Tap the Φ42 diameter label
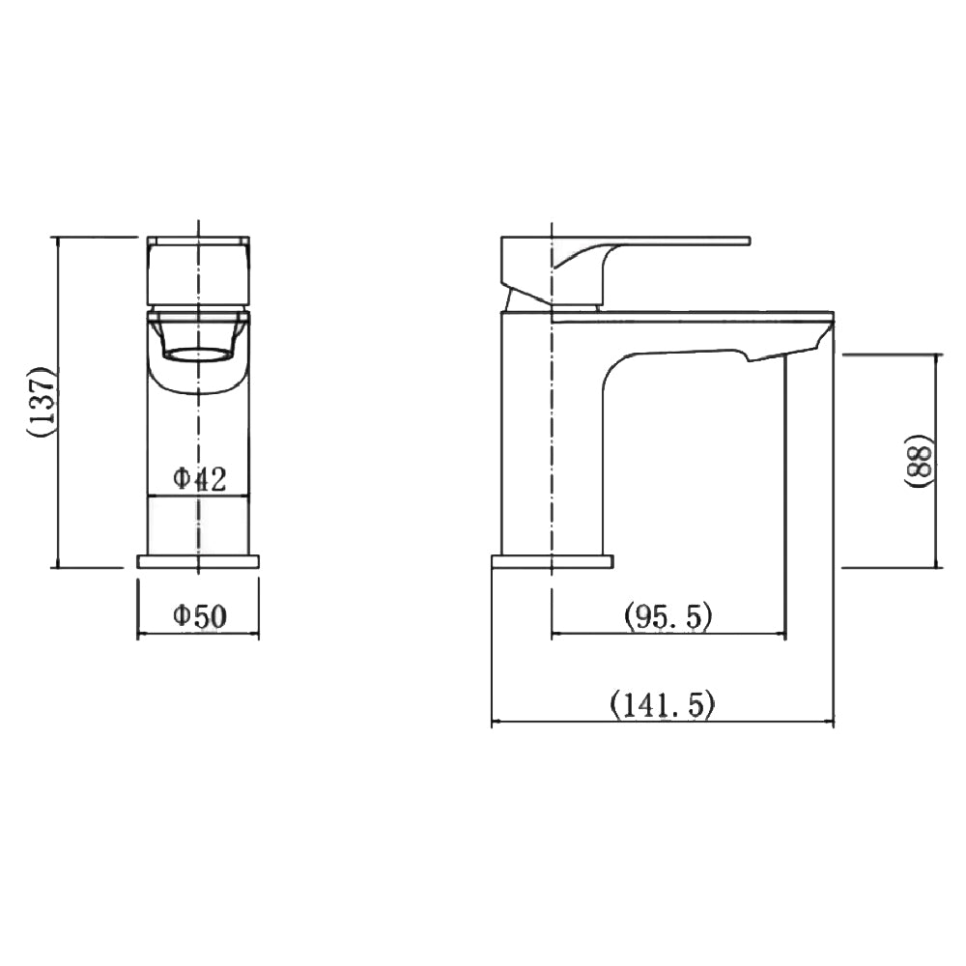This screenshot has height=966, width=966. click(199, 478)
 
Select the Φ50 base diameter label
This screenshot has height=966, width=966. click(199, 616)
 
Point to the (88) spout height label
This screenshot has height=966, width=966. click(920, 461)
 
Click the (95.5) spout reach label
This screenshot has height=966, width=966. click(668, 615)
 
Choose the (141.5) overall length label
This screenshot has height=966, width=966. click(663, 705)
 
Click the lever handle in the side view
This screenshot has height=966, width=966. click(676, 240)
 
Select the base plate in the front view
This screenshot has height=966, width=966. click(198, 561)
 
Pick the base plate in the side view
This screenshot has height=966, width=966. click(552, 561)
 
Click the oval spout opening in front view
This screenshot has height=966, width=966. click(199, 355)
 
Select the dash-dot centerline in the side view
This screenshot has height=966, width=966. click(551, 435)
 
